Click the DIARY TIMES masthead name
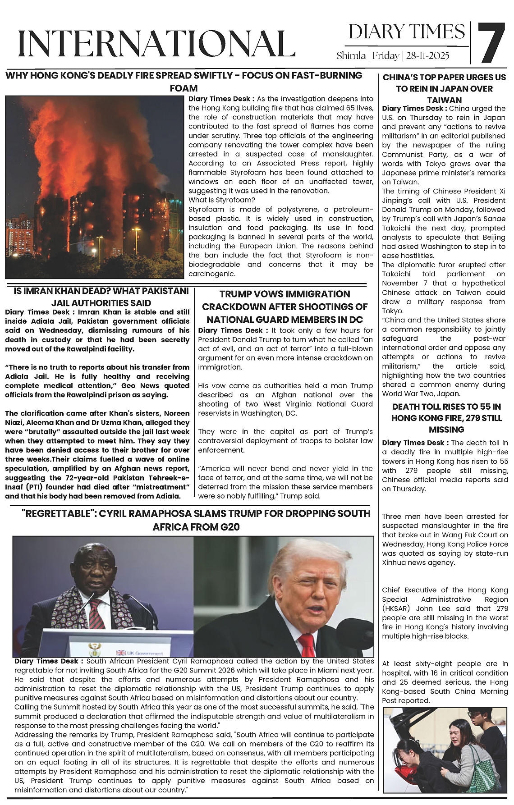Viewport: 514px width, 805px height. [x=407, y=32]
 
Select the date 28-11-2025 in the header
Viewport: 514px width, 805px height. [x=428, y=56]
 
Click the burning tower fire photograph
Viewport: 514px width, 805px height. [x=95, y=187]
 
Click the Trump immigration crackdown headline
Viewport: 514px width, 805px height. [x=285, y=307]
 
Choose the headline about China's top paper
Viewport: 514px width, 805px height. [x=444, y=88]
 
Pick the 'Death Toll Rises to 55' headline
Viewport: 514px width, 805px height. [x=446, y=418]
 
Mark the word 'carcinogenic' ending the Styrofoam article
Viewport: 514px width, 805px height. [x=212, y=274]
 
